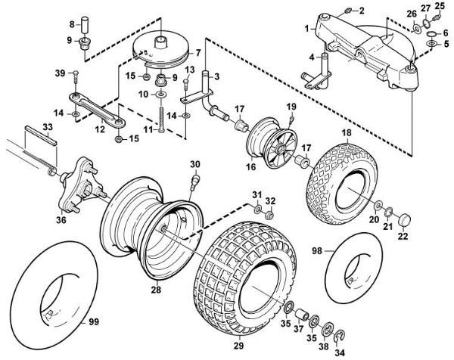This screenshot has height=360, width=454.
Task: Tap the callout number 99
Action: click(x=95, y=323)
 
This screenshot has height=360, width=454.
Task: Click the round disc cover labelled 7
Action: click(x=163, y=49)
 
